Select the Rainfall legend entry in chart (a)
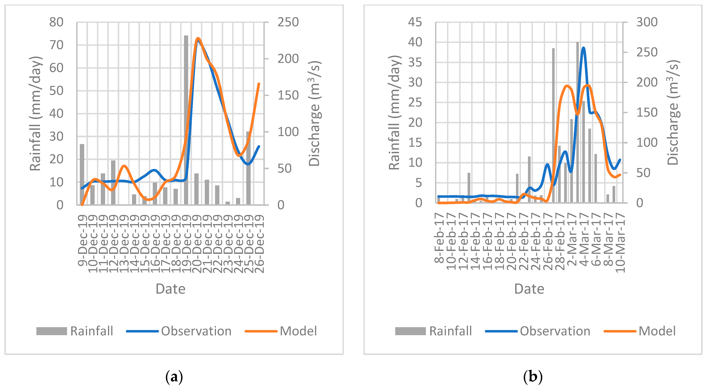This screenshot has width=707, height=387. coord(75,331)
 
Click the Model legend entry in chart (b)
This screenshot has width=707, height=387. coord(640,331)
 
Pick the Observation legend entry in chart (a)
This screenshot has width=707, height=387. coord(179,331)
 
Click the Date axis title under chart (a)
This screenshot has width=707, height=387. coord(170,289)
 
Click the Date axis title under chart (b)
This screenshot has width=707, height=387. coord(529,289)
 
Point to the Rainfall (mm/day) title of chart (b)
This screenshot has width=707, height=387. coord(395,113)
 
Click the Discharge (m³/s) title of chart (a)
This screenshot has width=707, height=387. coord(314,113)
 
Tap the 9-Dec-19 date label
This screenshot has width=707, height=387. coord(82,240)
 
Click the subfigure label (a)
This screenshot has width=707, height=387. coord(174,377)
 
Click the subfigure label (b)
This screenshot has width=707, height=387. coord(533,377)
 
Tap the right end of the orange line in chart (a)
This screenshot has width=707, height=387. coord(259,83)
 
